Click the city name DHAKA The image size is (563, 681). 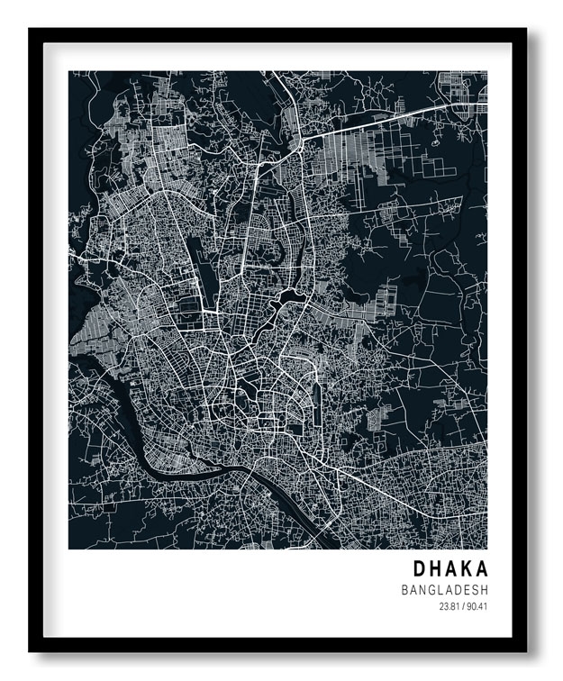(x=450, y=569)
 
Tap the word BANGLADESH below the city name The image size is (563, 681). (x=445, y=590)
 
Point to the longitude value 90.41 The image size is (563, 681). (x=477, y=606)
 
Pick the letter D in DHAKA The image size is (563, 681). (x=420, y=569)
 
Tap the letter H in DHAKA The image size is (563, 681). (x=436, y=569)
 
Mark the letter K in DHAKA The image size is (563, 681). (x=466, y=569)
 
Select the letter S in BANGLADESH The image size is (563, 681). (x=474, y=590)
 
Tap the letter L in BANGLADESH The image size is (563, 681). (x=444, y=590)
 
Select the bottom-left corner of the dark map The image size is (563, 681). (x=70, y=548)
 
